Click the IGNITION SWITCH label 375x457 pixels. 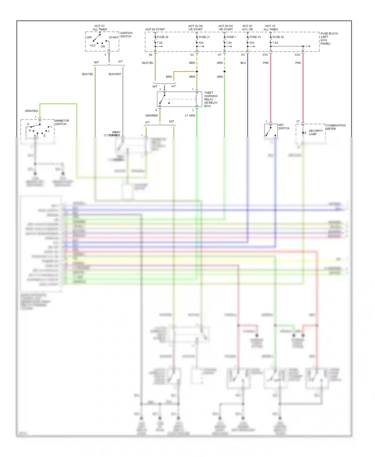tap(126, 35)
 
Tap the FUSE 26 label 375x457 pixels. tap(162, 37)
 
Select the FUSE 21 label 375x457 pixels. tap(204, 37)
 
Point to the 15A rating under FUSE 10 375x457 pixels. tap(252, 43)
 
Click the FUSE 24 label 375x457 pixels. tap(278, 37)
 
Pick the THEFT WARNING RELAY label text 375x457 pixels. tap(211, 99)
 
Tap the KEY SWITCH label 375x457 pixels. tap(283, 126)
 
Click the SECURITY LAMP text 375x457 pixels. tap(315, 132)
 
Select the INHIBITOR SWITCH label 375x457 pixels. tap(62, 122)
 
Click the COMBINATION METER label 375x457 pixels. tap(335, 127)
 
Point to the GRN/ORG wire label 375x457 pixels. tap(31, 111)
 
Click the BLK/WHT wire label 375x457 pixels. tap(115, 74)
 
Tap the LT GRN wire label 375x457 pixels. tap(190, 115)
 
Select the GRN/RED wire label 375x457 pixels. tap(151, 115)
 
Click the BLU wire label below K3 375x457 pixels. tap(243, 63)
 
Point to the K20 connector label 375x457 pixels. tap(297, 55)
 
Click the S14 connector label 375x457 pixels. tap(265, 55)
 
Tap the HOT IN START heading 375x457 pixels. tap(155, 29)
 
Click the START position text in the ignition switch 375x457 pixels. tap(113, 37)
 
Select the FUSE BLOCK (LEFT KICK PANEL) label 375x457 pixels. tap(329, 38)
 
